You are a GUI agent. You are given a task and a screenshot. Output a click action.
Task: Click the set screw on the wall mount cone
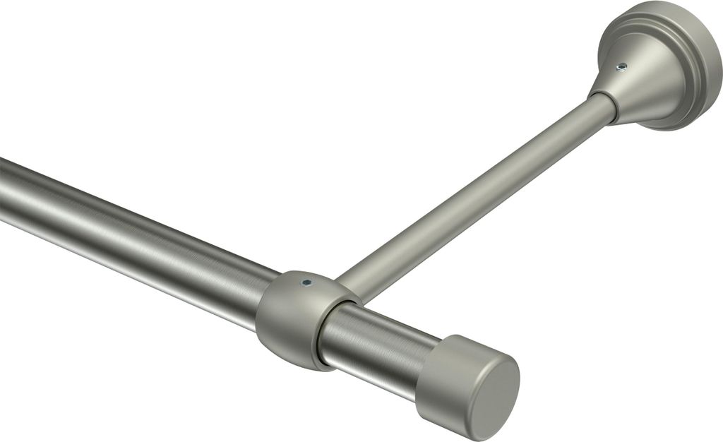click(621, 67)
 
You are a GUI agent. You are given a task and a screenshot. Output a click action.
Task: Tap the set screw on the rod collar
click(306, 282)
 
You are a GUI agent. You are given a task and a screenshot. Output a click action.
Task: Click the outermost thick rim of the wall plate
click(710, 78)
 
